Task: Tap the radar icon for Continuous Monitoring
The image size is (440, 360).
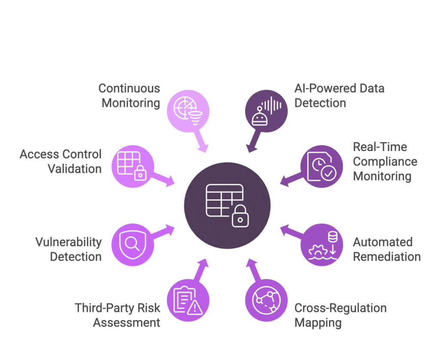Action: [x=184, y=108]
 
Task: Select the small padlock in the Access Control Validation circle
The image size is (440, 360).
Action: [x=141, y=173]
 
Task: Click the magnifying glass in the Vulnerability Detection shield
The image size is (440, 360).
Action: [x=132, y=243]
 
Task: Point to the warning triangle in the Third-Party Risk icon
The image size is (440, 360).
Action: [x=195, y=308]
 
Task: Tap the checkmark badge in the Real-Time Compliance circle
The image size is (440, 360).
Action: [x=328, y=173]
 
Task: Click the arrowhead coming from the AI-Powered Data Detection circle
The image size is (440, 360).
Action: [x=251, y=148]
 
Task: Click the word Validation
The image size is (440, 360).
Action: [x=75, y=169]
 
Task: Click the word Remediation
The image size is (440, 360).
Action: [x=387, y=257]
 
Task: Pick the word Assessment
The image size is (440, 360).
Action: [x=127, y=323]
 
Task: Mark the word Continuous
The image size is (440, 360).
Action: [x=129, y=89]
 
